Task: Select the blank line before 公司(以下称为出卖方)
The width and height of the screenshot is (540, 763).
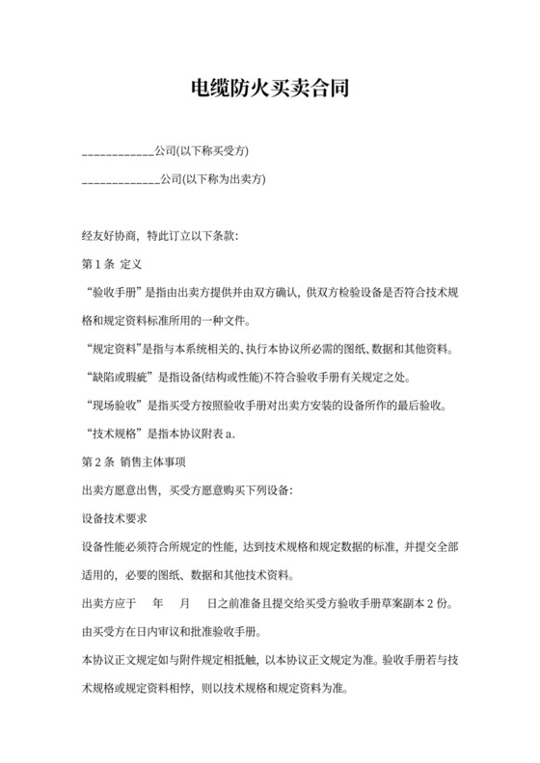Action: click(x=121, y=179)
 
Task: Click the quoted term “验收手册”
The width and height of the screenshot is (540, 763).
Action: click(x=114, y=292)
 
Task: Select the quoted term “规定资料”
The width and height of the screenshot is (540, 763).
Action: click(x=114, y=348)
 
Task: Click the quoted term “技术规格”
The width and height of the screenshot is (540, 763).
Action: click(x=114, y=433)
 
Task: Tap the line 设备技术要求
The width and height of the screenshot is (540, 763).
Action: click(x=114, y=517)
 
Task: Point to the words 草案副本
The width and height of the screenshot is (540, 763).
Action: click(x=398, y=603)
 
